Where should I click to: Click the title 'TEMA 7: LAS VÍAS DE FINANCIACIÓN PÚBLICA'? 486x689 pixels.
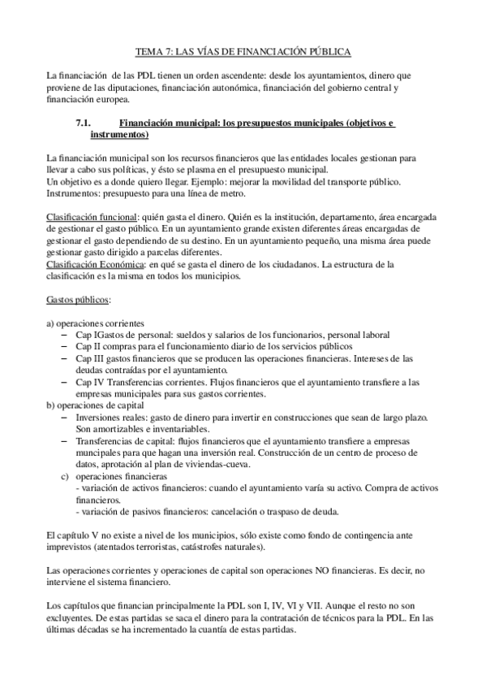tap(243, 52)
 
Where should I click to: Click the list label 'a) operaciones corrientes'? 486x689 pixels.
tap(97, 323)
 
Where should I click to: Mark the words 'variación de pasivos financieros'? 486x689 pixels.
tap(143, 511)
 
